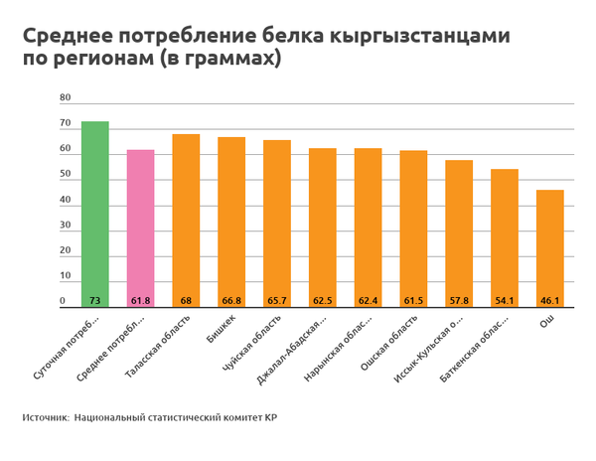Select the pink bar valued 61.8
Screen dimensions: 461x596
pyautogui.click(x=141, y=229)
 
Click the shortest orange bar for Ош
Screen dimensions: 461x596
pyautogui.click(x=550, y=248)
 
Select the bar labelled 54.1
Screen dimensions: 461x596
pyautogui.click(x=505, y=238)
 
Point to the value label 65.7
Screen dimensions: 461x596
pyautogui.click(x=277, y=301)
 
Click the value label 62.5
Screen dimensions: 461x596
pyautogui.click(x=323, y=301)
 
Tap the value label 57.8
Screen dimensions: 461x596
pyautogui.click(x=459, y=301)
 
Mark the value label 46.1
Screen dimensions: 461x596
pyautogui.click(x=550, y=301)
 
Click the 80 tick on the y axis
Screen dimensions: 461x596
pyautogui.click(x=66, y=98)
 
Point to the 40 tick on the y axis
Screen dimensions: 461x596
pyautogui.click(x=66, y=200)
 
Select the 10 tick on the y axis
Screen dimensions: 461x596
pyautogui.click(x=66, y=276)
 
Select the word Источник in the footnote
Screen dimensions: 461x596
pyautogui.click(x=44, y=418)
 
